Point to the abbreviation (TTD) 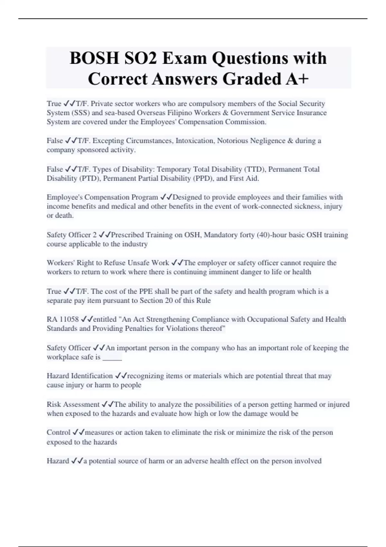tap(255, 169)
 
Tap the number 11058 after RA tap(69, 320)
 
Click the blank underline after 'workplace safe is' tap(112, 357)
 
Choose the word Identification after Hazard tap(92, 376)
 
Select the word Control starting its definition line tap(58, 432)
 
